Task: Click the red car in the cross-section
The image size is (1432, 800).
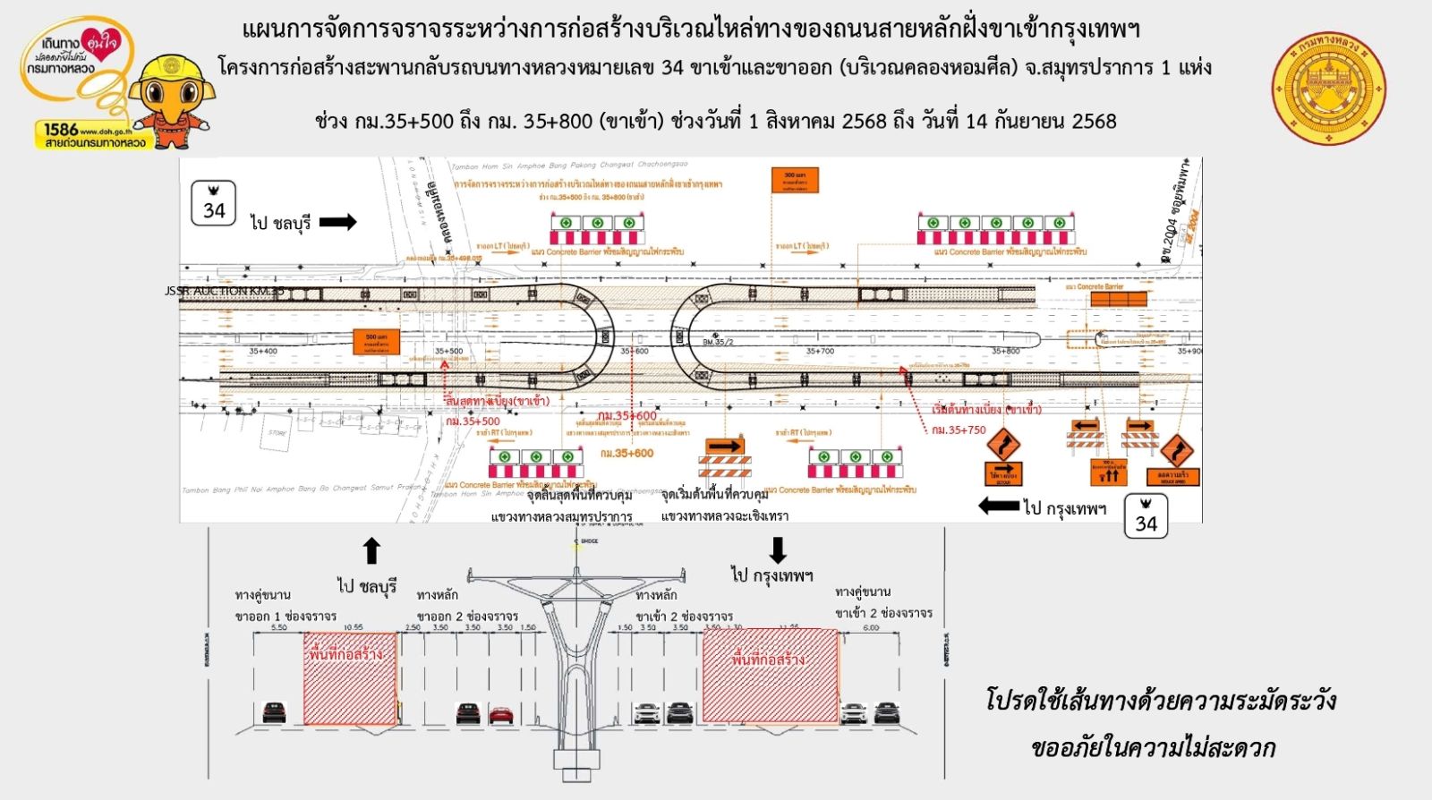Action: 500,714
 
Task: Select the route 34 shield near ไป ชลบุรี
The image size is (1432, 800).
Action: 214,203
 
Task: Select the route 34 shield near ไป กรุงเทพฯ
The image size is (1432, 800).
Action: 1146,516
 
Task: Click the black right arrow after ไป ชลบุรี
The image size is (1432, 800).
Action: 337,222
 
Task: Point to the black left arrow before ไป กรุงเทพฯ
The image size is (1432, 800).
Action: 998,506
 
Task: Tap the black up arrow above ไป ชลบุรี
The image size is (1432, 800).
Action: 371,551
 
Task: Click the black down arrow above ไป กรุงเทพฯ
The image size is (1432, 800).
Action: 777,549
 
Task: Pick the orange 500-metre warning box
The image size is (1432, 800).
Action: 376,342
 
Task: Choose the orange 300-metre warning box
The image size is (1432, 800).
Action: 795,180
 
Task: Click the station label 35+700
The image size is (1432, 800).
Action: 820,352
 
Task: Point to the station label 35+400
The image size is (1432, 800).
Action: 263,352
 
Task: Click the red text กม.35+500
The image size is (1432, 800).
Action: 473,421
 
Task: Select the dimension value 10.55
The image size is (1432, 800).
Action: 353,627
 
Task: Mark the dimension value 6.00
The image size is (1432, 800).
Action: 870,627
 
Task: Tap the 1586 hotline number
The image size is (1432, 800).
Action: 61,130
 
